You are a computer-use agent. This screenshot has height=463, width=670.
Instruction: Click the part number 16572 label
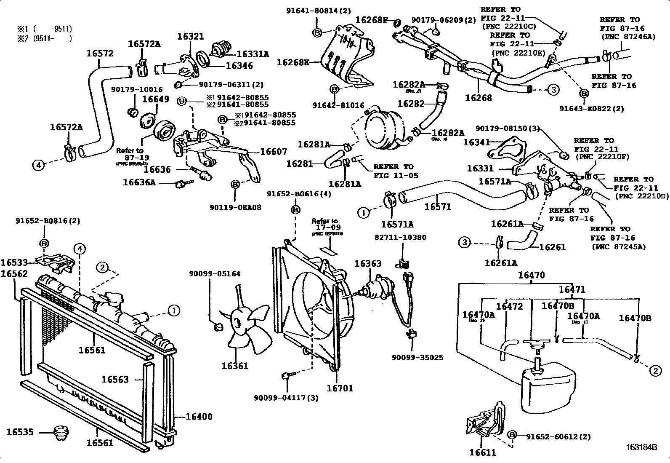(x=100, y=54)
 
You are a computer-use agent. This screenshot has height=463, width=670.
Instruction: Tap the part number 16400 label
(x=199, y=417)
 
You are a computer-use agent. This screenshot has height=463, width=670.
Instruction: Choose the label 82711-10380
(x=400, y=238)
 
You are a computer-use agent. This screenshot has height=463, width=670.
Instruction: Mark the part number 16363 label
(x=367, y=264)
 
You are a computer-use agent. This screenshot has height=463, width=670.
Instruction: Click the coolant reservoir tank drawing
(x=547, y=388)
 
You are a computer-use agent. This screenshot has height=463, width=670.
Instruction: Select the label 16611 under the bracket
(x=483, y=453)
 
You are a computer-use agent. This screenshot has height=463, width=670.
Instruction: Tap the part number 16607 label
(x=274, y=152)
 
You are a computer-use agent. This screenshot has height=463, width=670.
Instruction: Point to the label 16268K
(x=293, y=62)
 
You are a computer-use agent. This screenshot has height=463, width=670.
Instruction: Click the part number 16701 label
(x=340, y=388)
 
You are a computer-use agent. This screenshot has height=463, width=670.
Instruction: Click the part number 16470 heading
(x=531, y=276)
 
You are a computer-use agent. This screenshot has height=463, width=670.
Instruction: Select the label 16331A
(x=253, y=54)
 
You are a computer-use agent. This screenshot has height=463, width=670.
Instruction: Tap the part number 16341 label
(x=477, y=142)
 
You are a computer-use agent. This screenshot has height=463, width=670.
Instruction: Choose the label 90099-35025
(x=417, y=358)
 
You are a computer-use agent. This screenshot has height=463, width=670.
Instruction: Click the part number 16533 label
(x=14, y=262)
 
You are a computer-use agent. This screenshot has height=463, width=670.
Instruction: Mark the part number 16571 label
(x=438, y=206)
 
